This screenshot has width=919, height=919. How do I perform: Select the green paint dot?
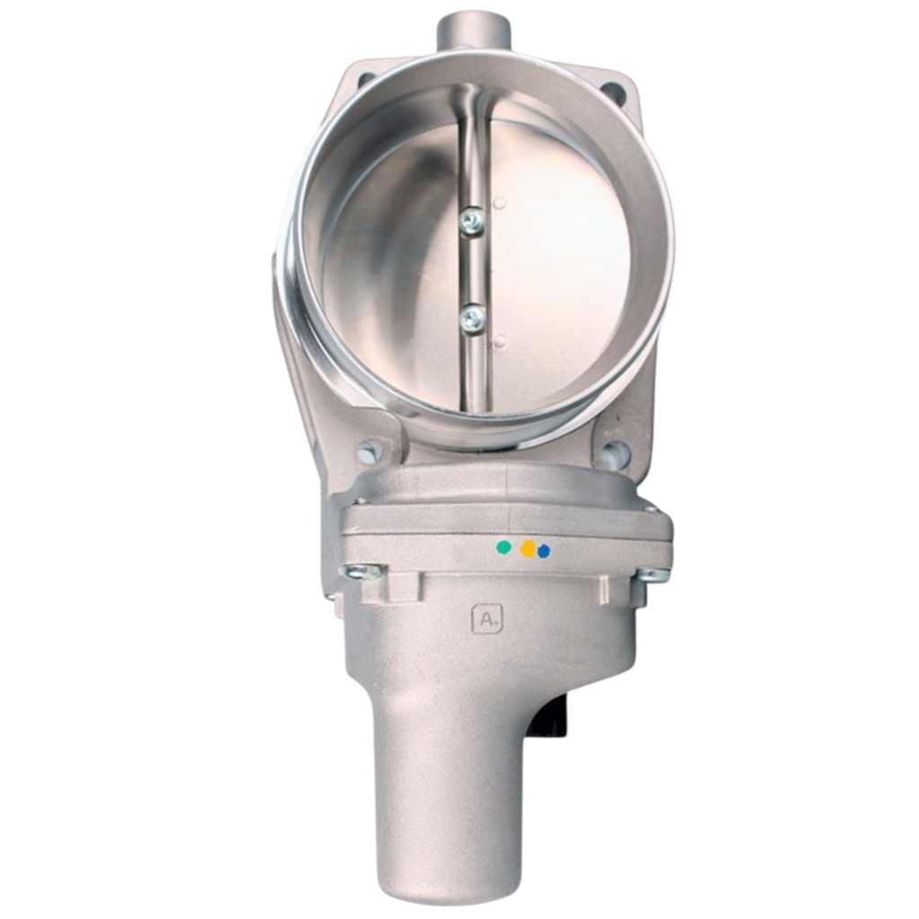pyautogui.click(x=503, y=545)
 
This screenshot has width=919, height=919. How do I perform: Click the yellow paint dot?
pyautogui.click(x=529, y=547)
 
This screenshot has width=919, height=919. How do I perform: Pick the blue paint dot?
pyautogui.click(x=543, y=551)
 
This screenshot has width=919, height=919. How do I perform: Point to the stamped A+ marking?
pyautogui.click(x=487, y=619)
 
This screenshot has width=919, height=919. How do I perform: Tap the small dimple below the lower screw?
pyautogui.click(x=499, y=339)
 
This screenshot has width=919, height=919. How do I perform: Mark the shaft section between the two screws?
pyautogui.click(x=470, y=269)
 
